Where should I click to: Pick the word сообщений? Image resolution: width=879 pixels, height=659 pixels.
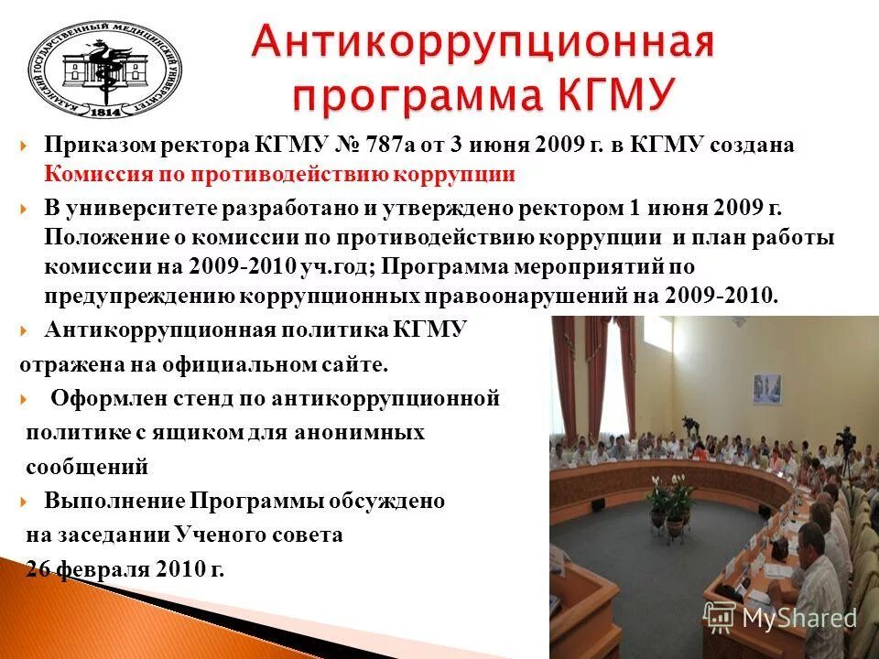tap(87, 466)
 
